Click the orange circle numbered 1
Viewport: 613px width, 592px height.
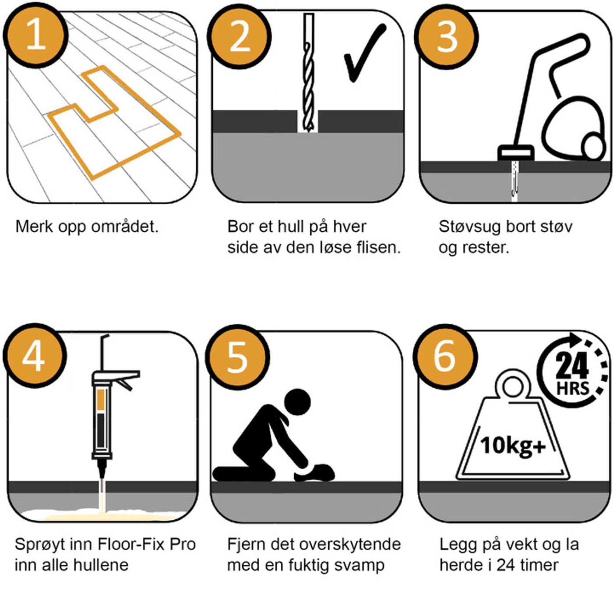36,35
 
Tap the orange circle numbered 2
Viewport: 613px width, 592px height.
240,37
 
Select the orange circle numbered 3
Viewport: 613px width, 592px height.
447,37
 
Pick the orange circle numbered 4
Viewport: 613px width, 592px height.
35,355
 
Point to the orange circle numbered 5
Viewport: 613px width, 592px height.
237,356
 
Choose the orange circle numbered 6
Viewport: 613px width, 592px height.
444,356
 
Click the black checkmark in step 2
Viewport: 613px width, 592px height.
363,55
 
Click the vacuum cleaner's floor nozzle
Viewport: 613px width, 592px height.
516,153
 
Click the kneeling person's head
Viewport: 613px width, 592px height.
297,402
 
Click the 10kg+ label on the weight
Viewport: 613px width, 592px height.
513,446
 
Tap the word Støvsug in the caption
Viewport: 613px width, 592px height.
469,227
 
